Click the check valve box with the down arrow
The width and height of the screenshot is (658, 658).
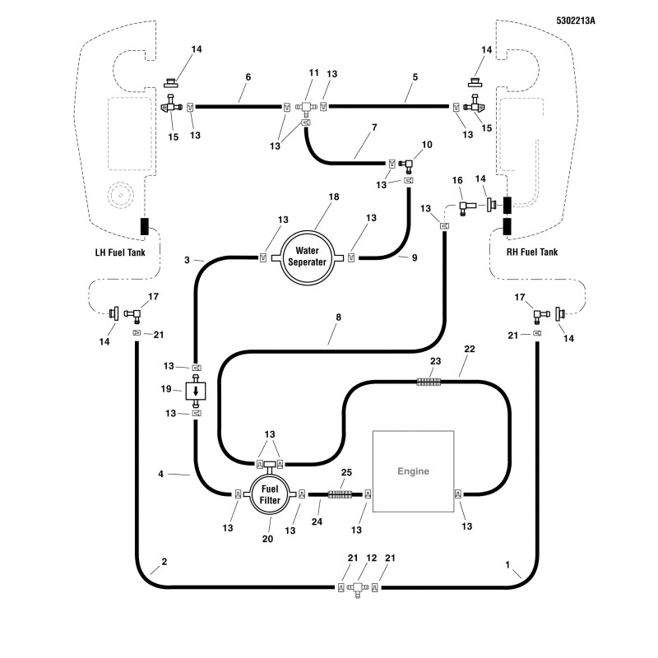196,392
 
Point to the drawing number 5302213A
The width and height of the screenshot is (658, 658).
576,21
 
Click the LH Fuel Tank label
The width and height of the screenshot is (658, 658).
120,253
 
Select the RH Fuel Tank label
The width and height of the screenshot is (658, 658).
532,253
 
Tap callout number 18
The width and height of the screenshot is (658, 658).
334,197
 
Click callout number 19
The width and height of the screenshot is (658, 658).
166,389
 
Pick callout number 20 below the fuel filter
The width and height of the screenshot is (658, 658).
268,539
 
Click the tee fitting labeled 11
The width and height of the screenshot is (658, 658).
305,108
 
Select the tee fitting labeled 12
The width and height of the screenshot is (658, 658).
358,588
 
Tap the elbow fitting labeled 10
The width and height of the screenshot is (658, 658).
406,165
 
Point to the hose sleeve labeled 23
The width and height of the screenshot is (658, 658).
429,382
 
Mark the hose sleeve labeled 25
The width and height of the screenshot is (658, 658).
340,494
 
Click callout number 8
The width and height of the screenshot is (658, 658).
339,317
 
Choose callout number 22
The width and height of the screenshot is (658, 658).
470,349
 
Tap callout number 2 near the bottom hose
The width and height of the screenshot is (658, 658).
164,562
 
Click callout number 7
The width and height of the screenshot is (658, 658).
374,127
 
